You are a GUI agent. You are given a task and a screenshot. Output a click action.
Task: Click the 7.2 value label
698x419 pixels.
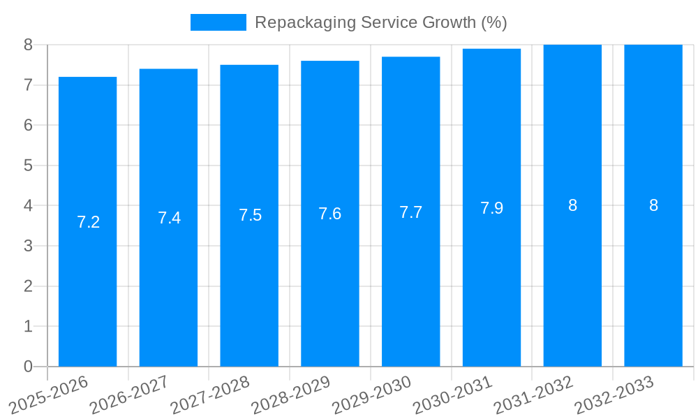pyautogui.click(x=88, y=222)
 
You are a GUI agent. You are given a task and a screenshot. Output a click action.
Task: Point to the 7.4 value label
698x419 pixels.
pyautogui.click(x=169, y=218)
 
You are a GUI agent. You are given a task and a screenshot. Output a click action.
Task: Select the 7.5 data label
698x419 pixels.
pyautogui.click(x=250, y=215)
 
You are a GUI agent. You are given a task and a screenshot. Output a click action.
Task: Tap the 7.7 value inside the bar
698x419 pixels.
pyautogui.click(x=410, y=212)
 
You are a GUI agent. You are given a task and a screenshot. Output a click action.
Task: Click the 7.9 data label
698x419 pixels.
pyautogui.click(x=491, y=208)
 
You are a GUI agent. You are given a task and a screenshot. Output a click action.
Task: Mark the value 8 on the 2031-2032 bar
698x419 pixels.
pyautogui.click(x=572, y=205)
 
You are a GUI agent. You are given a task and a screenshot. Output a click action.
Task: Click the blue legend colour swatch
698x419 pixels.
pyautogui.click(x=218, y=22)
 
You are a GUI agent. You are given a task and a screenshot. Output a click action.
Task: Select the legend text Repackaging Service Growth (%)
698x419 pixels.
pyautogui.click(x=380, y=22)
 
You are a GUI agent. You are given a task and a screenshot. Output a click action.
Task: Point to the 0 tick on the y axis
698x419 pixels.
pyautogui.click(x=28, y=367)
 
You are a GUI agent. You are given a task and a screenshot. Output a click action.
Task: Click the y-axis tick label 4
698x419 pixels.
pyautogui.click(x=28, y=206)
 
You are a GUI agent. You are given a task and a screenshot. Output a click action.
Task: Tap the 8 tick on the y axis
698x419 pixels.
pyautogui.click(x=28, y=45)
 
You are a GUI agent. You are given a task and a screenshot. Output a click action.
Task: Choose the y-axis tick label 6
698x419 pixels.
pyautogui.click(x=28, y=125)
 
